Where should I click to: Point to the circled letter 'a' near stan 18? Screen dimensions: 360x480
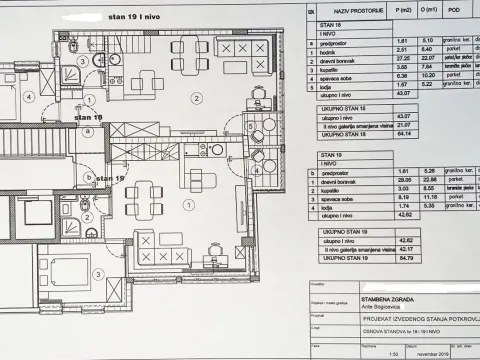pyautogui.click(x=88, y=130)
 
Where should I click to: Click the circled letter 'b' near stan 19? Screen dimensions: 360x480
pyautogui.click(x=88, y=177)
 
